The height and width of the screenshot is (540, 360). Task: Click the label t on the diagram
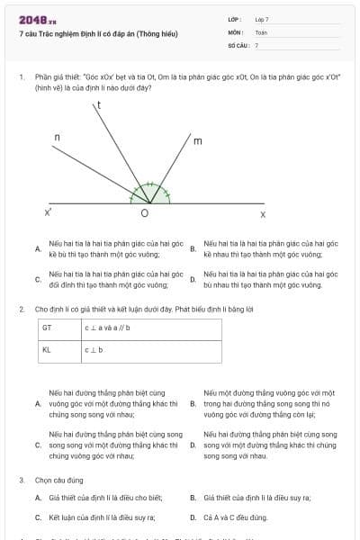click(99, 106)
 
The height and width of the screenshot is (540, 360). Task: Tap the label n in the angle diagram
click(57, 137)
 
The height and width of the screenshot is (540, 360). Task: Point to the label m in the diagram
click(197, 141)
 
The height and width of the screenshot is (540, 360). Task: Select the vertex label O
click(144, 214)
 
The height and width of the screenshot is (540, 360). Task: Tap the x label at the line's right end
click(263, 214)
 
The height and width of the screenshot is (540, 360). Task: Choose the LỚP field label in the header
click(235, 18)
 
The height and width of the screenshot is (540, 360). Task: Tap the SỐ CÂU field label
click(238, 44)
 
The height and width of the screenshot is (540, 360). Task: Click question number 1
click(21, 77)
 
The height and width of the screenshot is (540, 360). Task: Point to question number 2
click(21, 309)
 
